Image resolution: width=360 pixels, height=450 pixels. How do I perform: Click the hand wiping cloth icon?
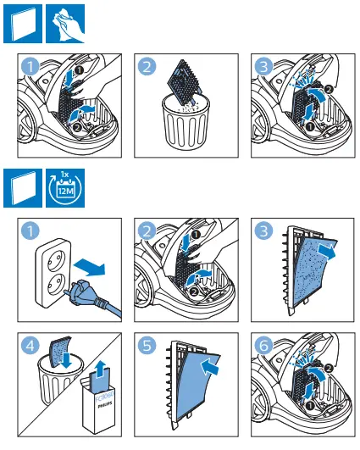[65, 24]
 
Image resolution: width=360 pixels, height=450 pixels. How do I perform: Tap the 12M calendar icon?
[65, 188]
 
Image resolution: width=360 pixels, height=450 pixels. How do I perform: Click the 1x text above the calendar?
[65, 175]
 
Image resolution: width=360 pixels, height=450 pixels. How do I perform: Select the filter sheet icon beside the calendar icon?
[23, 188]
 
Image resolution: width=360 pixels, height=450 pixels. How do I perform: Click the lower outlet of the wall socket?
[53, 283]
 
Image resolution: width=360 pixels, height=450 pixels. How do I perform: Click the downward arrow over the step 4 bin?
[67, 360]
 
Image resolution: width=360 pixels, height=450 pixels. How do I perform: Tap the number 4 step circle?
[30, 345]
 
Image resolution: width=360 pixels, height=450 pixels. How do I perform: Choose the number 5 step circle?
[147, 345]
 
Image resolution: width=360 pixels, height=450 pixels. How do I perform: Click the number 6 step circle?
[263, 345]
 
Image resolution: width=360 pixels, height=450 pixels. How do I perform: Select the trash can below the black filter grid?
[186, 122]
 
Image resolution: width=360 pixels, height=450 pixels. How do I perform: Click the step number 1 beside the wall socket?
[30, 231]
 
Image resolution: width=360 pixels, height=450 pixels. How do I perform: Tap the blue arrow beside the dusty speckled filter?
[327, 251]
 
